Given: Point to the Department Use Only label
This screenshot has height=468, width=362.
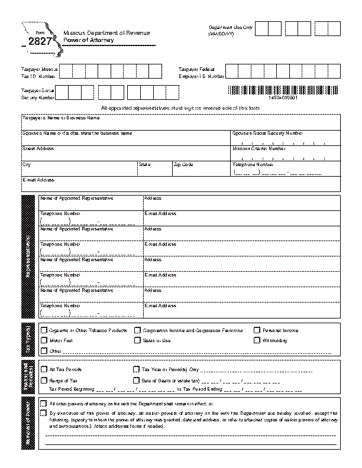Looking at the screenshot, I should pyautogui.click(x=230, y=28).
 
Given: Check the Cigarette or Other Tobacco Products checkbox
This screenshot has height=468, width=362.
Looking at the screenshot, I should pyautogui.click(x=44, y=330).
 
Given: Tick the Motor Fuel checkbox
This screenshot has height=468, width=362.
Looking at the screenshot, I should pyautogui.click(x=44, y=340).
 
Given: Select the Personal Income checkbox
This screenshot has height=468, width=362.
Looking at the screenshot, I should pyautogui.click(x=257, y=330).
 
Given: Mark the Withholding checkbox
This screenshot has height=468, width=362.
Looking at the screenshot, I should pyautogui.click(x=257, y=340).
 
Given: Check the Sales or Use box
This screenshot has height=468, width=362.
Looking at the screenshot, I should pyautogui.click(x=137, y=340).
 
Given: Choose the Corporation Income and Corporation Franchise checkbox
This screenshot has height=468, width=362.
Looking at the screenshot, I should pyautogui.click(x=137, y=330).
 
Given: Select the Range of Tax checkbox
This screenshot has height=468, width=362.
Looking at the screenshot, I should pyautogui.click(x=44, y=380).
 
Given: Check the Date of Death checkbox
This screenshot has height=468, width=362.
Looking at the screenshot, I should pyautogui.click(x=137, y=380).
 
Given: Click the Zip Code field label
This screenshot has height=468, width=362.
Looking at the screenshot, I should pyautogui.click(x=183, y=164).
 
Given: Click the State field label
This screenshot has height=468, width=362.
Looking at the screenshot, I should pyautogui.click(x=144, y=164).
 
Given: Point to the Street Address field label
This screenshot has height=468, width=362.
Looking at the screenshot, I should pyautogui.click(x=38, y=149).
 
